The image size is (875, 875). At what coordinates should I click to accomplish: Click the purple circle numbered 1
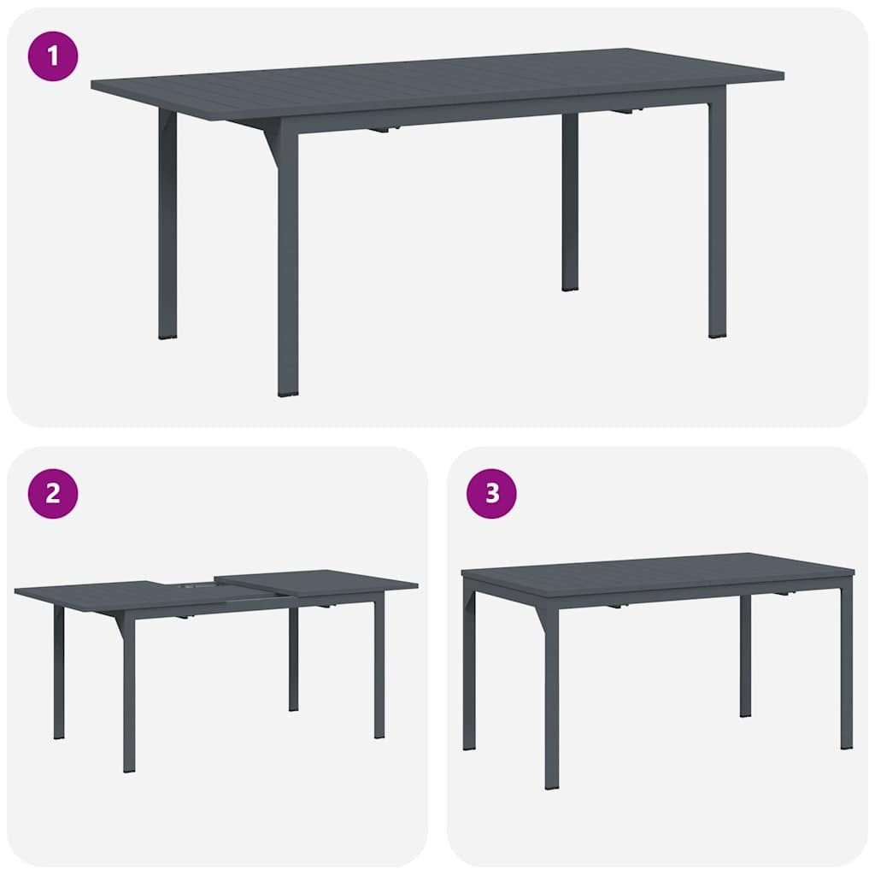[x=53, y=56]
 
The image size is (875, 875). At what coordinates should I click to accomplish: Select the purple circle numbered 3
[x=491, y=493]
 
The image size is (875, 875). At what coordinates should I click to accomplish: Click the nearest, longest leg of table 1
[x=289, y=265]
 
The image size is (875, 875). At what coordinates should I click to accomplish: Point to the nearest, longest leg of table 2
[x=129, y=696]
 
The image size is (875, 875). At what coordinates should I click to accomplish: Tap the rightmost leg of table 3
[x=846, y=667]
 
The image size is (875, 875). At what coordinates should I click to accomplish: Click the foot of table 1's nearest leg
[x=289, y=391]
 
